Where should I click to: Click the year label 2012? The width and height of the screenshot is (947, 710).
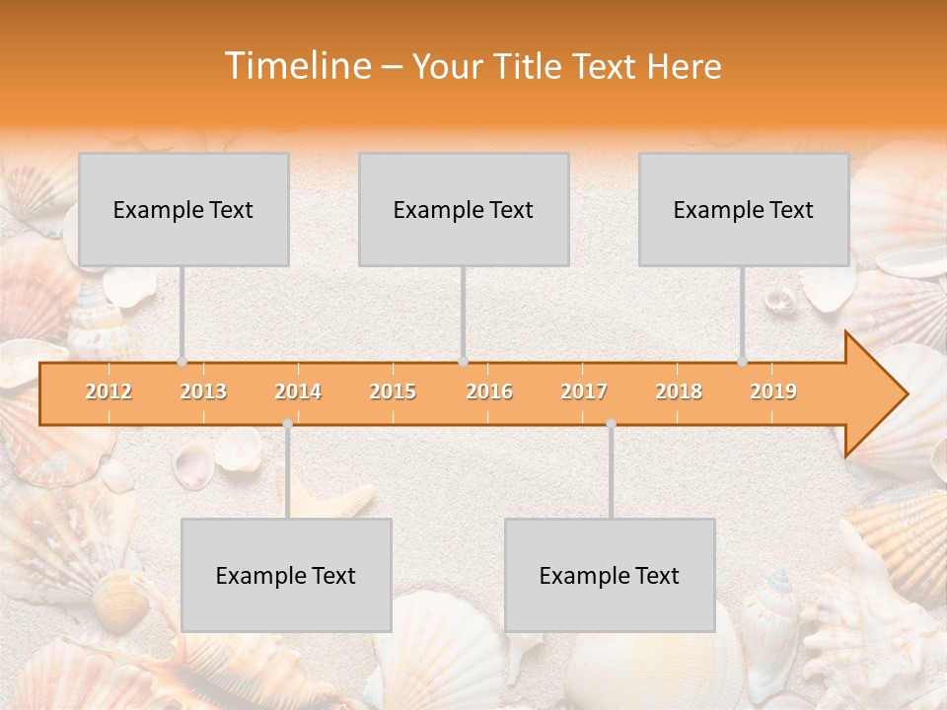point(109,391)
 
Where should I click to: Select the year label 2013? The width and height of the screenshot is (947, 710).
point(203,391)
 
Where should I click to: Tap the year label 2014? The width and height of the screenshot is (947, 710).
point(298,391)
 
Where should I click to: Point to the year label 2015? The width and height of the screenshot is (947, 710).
point(393,391)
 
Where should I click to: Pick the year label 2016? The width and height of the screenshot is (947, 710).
point(489,391)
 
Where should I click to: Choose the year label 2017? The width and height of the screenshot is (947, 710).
point(584,391)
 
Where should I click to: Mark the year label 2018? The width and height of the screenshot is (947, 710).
point(679,391)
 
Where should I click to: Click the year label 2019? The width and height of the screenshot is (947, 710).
point(773,391)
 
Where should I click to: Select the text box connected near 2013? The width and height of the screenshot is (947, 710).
point(183,209)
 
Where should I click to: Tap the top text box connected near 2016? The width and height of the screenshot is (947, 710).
point(464,209)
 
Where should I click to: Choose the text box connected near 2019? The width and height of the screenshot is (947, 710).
point(744,209)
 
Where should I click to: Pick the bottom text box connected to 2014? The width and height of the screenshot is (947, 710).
point(286,575)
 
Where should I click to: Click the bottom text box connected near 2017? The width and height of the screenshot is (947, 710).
point(610,575)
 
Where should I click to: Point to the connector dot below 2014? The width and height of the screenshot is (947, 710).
point(287,424)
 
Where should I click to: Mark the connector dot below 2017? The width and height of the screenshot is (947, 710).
point(611,424)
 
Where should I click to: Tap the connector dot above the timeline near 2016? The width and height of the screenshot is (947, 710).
point(463,362)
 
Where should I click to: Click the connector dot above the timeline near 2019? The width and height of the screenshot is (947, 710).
point(743,362)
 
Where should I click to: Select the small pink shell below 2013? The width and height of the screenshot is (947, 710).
point(192,464)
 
